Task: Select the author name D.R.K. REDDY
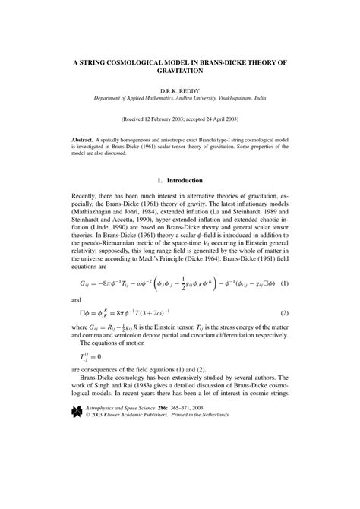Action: click(179, 90)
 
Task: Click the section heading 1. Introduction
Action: click(179, 202)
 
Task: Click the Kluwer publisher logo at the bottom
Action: click(76, 476)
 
